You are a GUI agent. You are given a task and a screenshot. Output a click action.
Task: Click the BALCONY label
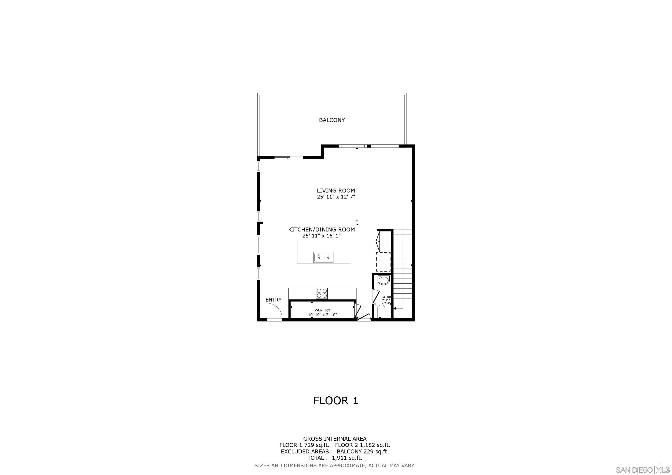coord(332,120)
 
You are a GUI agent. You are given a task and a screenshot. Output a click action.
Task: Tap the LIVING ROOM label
coord(336,190)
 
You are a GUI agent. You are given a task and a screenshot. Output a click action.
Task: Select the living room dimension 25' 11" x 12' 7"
coord(336,197)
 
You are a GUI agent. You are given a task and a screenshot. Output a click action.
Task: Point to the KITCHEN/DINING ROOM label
coord(321,230)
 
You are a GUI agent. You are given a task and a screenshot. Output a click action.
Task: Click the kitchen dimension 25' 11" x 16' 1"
coord(322,236)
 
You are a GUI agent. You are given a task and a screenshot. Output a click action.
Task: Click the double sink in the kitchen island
coord(323,257)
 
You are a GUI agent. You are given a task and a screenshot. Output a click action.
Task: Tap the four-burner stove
coord(322,293)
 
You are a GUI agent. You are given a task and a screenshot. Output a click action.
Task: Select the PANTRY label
coord(322,310)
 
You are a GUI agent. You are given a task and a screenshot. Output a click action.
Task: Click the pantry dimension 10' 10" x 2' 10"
coord(322,315)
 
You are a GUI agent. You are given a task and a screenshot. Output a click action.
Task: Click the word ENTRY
coord(273,300)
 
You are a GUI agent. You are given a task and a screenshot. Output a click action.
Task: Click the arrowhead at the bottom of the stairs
coord(395,308)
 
